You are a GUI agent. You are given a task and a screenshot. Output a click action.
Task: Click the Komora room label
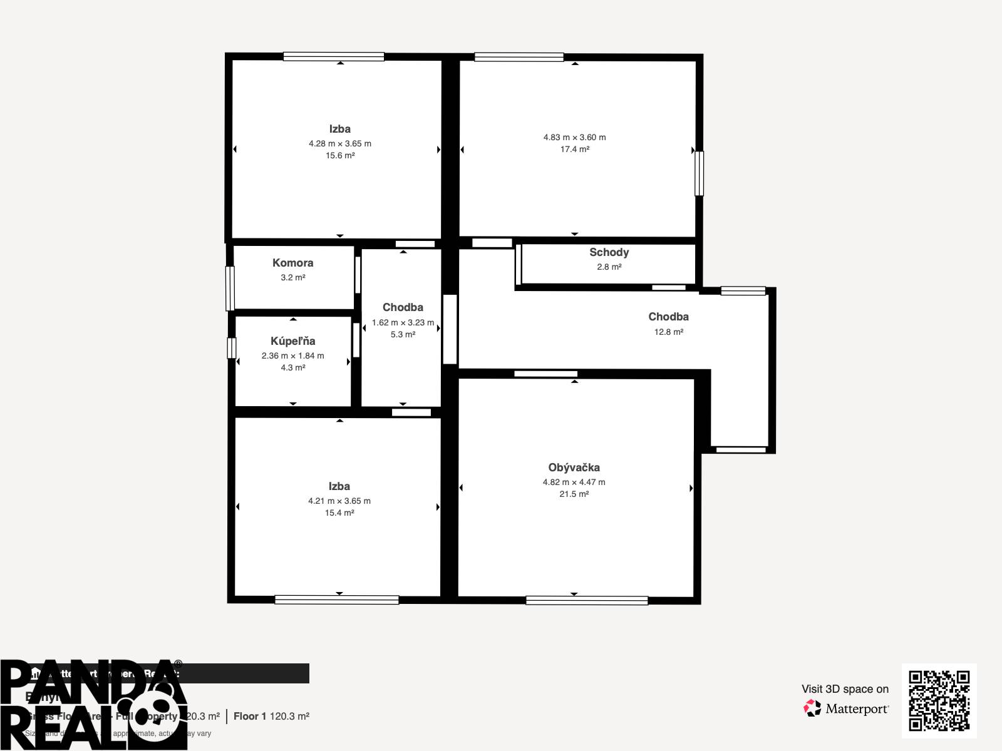[x=292, y=263]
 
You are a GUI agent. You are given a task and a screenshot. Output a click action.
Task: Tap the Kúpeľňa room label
[x=292, y=341]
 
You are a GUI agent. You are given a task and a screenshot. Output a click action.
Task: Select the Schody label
[x=609, y=252]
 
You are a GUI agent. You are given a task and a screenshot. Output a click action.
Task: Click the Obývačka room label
[x=574, y=467]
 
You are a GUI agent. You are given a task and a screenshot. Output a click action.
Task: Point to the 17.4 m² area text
[x=574, y=150]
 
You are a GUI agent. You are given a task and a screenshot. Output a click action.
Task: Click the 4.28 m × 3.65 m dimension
[x=339, y=144]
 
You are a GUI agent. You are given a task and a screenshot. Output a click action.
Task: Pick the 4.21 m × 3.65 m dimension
[x=339, y=501]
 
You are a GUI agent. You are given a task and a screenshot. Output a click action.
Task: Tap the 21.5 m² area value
[x=574, y=494]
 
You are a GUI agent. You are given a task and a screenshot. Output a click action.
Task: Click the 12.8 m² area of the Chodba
[x=668, y=332]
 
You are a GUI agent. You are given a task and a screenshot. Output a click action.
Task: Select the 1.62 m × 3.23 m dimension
[x=403, y=323]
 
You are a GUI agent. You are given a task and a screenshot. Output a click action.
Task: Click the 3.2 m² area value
[x=292, y=278]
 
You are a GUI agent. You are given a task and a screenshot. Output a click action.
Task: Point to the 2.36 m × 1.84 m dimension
[x=292, y=356]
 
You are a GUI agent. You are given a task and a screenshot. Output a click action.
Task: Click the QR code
[x=939, y=700]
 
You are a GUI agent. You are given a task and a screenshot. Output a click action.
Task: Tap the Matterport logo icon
[x=812, y=708]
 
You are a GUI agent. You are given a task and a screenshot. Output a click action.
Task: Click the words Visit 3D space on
[x=845, y=689]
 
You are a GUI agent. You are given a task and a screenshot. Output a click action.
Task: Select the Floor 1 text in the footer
[x=250, y=716]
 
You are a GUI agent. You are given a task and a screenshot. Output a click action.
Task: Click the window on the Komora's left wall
[x=230, y=288]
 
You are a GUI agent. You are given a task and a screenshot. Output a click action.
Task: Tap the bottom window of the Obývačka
[x=587, y=601]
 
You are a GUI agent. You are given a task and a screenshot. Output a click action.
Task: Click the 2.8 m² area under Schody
[x=609, y=267]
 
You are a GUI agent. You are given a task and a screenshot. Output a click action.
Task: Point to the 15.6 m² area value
[x=339, y=156]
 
